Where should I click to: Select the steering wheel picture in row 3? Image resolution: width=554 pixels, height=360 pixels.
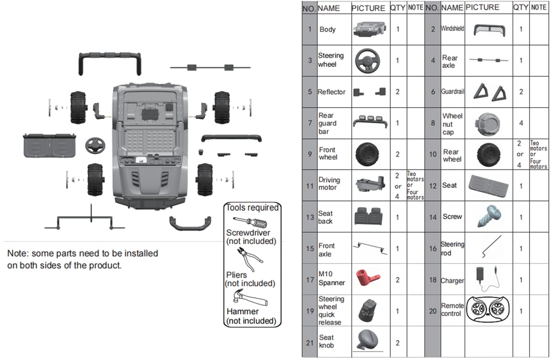(368, 60)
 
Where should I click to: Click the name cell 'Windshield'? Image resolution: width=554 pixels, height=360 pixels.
(452, 29)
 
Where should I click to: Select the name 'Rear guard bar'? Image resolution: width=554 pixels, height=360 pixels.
(327, 123)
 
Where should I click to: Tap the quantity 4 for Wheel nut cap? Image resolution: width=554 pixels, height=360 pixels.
(521, 123)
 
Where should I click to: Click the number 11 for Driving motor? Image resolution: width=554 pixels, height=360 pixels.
(310, 186)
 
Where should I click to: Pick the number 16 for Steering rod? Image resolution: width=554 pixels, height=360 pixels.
(433, 248)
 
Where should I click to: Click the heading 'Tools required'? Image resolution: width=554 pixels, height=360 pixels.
(252, 208)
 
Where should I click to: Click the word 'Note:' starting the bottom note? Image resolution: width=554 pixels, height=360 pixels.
(17, 254)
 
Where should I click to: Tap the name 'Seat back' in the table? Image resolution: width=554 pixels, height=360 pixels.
(325, 217)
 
